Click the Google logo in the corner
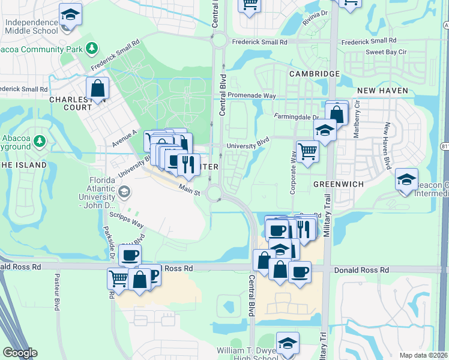click(20, 353)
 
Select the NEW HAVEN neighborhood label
click(382, 91)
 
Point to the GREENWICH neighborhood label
click(339, 184)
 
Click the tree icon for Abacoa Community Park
click(91, 47)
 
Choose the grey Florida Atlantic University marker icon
click(124, 192)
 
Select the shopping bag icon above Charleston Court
click(97, 88)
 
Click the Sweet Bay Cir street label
click(387, 52)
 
